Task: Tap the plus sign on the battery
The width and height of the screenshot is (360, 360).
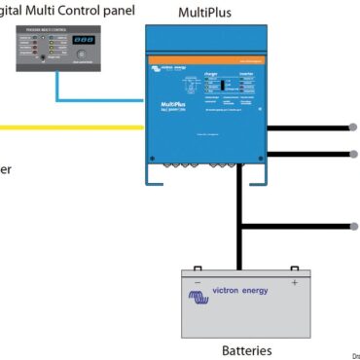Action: click(294, 283)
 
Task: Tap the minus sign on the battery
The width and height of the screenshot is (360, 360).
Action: click(198, 283)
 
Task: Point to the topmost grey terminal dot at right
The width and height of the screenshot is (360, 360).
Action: click(353, 127)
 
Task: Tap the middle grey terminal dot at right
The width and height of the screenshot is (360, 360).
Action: click(353, 153)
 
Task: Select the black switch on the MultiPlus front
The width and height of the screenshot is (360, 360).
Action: click(223, 86)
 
